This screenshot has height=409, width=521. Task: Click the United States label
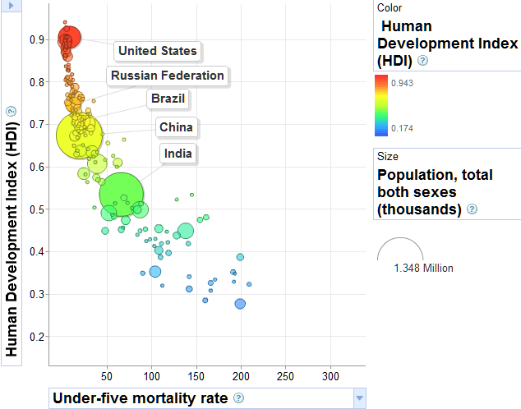[158, 51]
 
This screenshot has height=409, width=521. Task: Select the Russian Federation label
[168, 76]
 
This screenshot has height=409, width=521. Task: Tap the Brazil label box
[168, 99]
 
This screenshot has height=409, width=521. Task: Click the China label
[176, 127]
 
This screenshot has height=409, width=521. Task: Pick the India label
[178, 154]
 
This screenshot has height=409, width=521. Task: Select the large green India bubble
[121, 195]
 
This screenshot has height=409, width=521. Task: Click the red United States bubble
[69, 38]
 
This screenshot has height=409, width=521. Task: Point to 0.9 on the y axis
[35, 39]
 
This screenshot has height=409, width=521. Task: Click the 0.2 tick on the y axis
[35, 337]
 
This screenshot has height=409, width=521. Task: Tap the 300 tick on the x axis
[330, 376]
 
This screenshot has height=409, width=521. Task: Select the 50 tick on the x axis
[107, 376]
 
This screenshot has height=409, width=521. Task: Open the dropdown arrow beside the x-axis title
[357, 398]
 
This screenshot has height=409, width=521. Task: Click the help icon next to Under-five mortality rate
[238, 398]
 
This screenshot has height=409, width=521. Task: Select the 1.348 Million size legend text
[423, 268]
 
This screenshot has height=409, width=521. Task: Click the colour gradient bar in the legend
[381, 104]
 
